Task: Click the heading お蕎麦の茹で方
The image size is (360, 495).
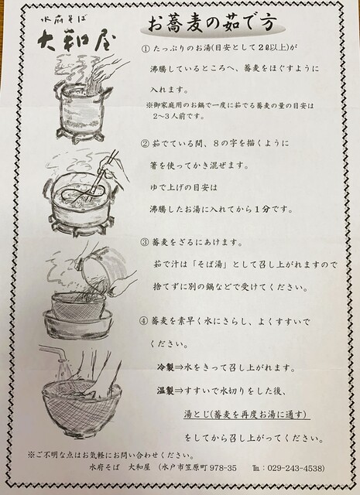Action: coord(212,24)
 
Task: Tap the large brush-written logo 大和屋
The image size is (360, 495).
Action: coord(77,41)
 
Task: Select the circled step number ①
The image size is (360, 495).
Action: coord(145,48)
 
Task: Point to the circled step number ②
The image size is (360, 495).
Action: coord(145,144)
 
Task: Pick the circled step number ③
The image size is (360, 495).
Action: coord(144,242)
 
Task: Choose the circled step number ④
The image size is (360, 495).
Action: coord(143,322)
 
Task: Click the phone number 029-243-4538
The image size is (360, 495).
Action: coord(296,468)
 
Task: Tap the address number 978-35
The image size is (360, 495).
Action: coord(223,468)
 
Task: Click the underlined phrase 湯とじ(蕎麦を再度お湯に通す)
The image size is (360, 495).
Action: coord(246,415)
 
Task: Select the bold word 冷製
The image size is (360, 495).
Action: coord(166,367)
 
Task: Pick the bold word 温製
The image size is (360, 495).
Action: coord(166,391)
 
